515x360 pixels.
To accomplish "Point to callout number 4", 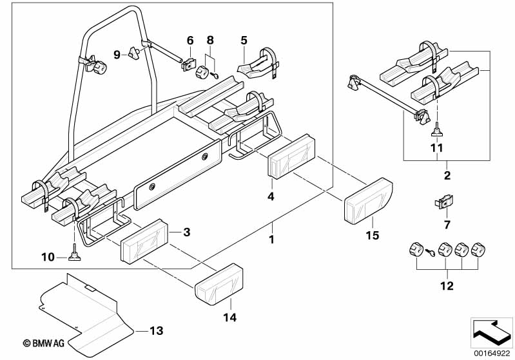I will pos(272,196).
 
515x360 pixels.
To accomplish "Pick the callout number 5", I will pos(244,40).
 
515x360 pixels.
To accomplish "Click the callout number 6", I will pos(190,40).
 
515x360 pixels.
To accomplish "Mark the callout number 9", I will pos(116,55).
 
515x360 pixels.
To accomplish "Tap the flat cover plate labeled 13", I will pos(84,306).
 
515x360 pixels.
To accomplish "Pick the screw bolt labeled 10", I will pos(75,254).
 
